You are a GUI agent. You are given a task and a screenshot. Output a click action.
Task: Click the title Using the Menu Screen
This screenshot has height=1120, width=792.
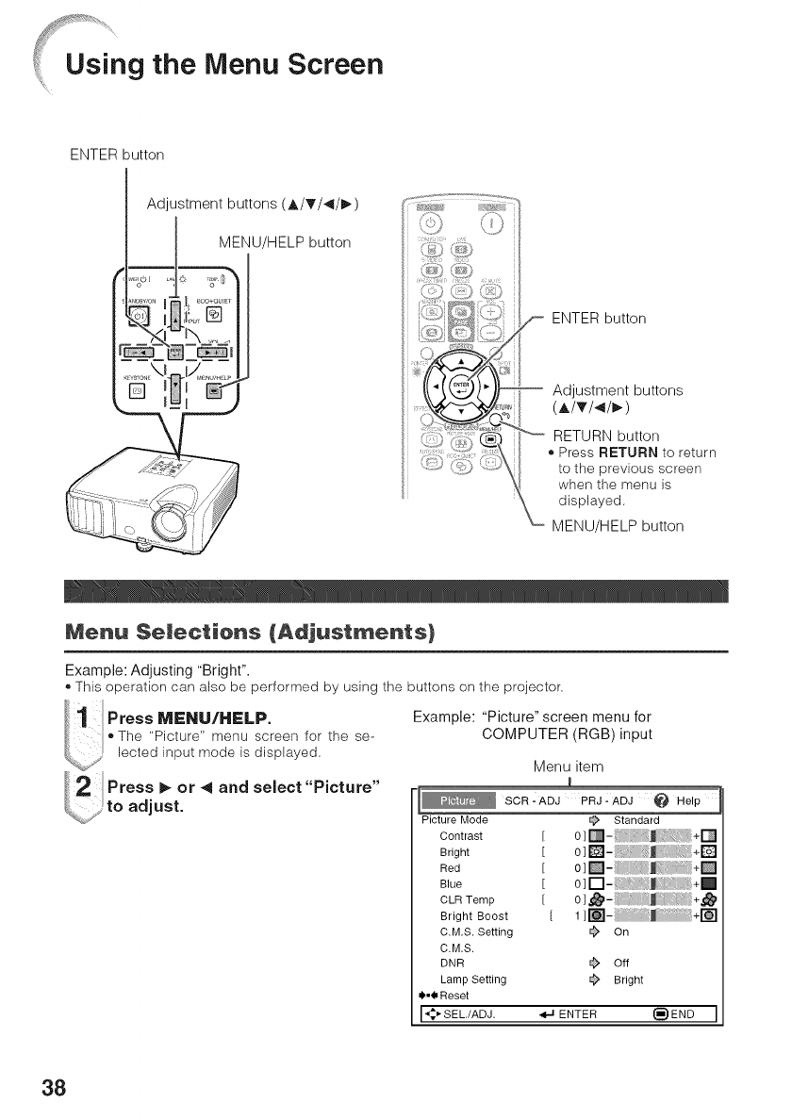tap(223, 65)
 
